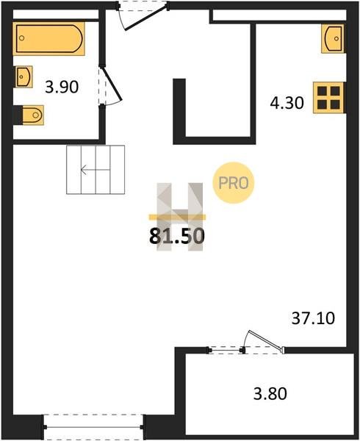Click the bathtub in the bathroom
pos(48,38)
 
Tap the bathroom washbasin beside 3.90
pos(24,76)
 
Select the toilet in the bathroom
pos(33,115)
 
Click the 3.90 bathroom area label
pos(62,87)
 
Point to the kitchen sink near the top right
pos(334,38)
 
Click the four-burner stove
pos(328,98)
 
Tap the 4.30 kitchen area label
pos(287,103)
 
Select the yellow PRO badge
pos(233,183)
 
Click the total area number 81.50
pos(177,236)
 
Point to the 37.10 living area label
pos(313,318)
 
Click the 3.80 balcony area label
pos(270,393)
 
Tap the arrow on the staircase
pos(95,170)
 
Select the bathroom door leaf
pos(112,83)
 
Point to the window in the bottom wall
pos(93,427)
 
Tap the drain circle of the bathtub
pos(21,38)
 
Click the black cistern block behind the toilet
pos(18,115)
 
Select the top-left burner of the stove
pos(322,91)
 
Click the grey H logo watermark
pos(179,217)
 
